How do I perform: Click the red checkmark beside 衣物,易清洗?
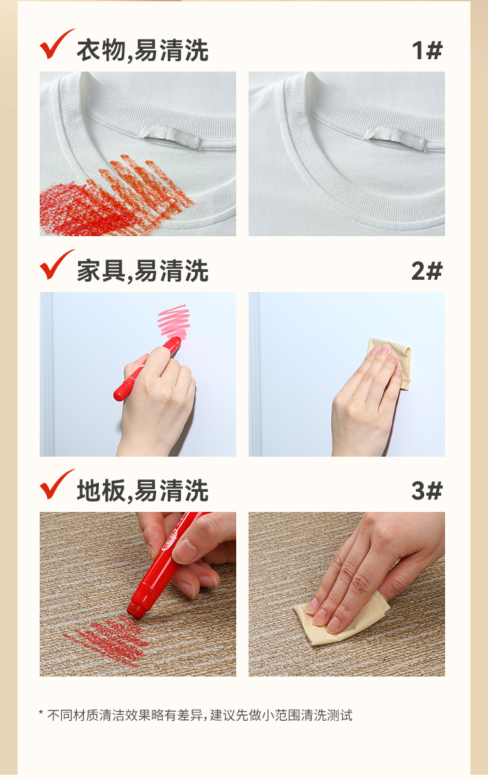click(x=55, y=46)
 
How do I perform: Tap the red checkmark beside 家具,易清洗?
click(x=55, y=266)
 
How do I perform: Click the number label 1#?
click(x=427, y=50)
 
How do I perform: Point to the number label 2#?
click(x=427, y=271)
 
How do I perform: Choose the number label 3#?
click(x=427, y=490)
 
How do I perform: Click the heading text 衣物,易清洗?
click(x=142, y=51)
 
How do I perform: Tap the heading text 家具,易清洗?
click(x=142, y=271)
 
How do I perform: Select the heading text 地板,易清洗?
click(x=142, y=491)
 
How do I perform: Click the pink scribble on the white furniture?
click(x=174, y=323)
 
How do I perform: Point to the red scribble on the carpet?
click(x=106, y=640)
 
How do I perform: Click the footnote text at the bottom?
click(x=196, y=716)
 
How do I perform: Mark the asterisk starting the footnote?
click(x=41, y=714)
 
